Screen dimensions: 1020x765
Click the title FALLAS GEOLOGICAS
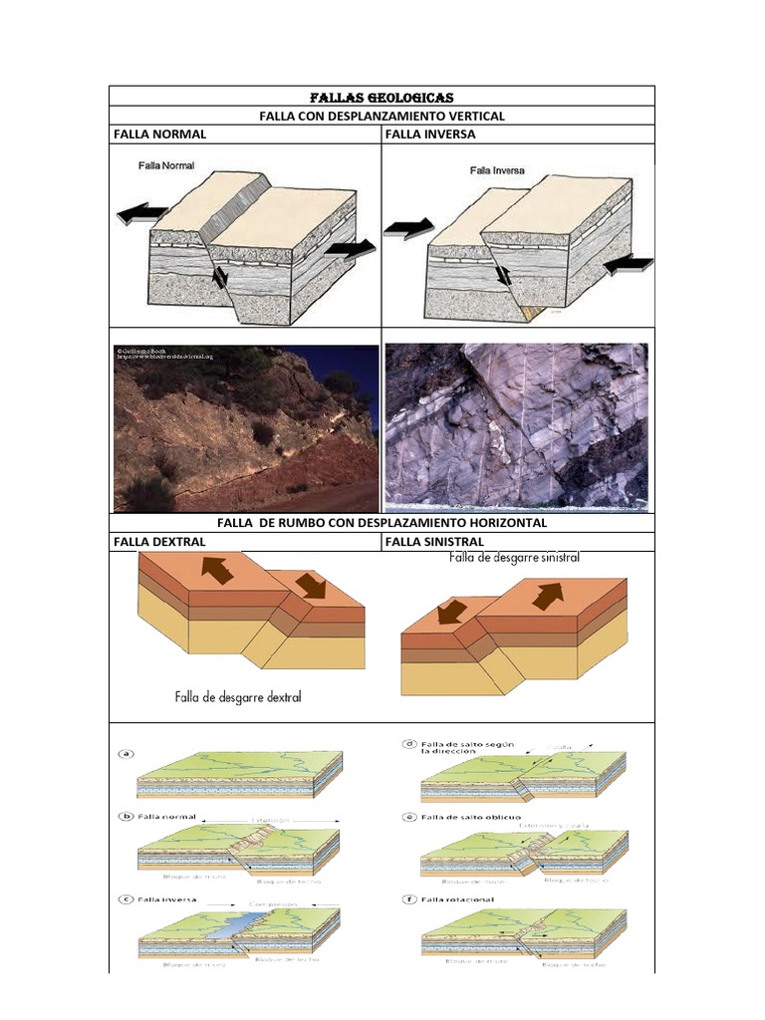click(x=382, y=97)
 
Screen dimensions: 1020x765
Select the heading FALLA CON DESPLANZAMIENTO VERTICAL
click(x=382, y=116)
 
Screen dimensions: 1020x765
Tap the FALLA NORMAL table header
click(x=160, y=133)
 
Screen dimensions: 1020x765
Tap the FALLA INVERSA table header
click(x=429, y=133)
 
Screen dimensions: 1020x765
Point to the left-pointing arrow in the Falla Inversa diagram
click(x=629, y=264)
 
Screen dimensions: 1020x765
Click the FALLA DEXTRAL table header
click(x=159, y=541)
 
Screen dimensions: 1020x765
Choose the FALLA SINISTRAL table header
click(x=433, y=541)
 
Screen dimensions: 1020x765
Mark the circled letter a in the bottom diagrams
click(x=127, y=754)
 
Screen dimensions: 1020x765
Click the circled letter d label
click(x=409, y=743)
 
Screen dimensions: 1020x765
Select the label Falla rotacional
click(x=458, y=898)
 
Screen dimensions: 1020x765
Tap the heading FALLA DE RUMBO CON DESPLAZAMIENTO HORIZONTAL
click(x=382, y=522)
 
